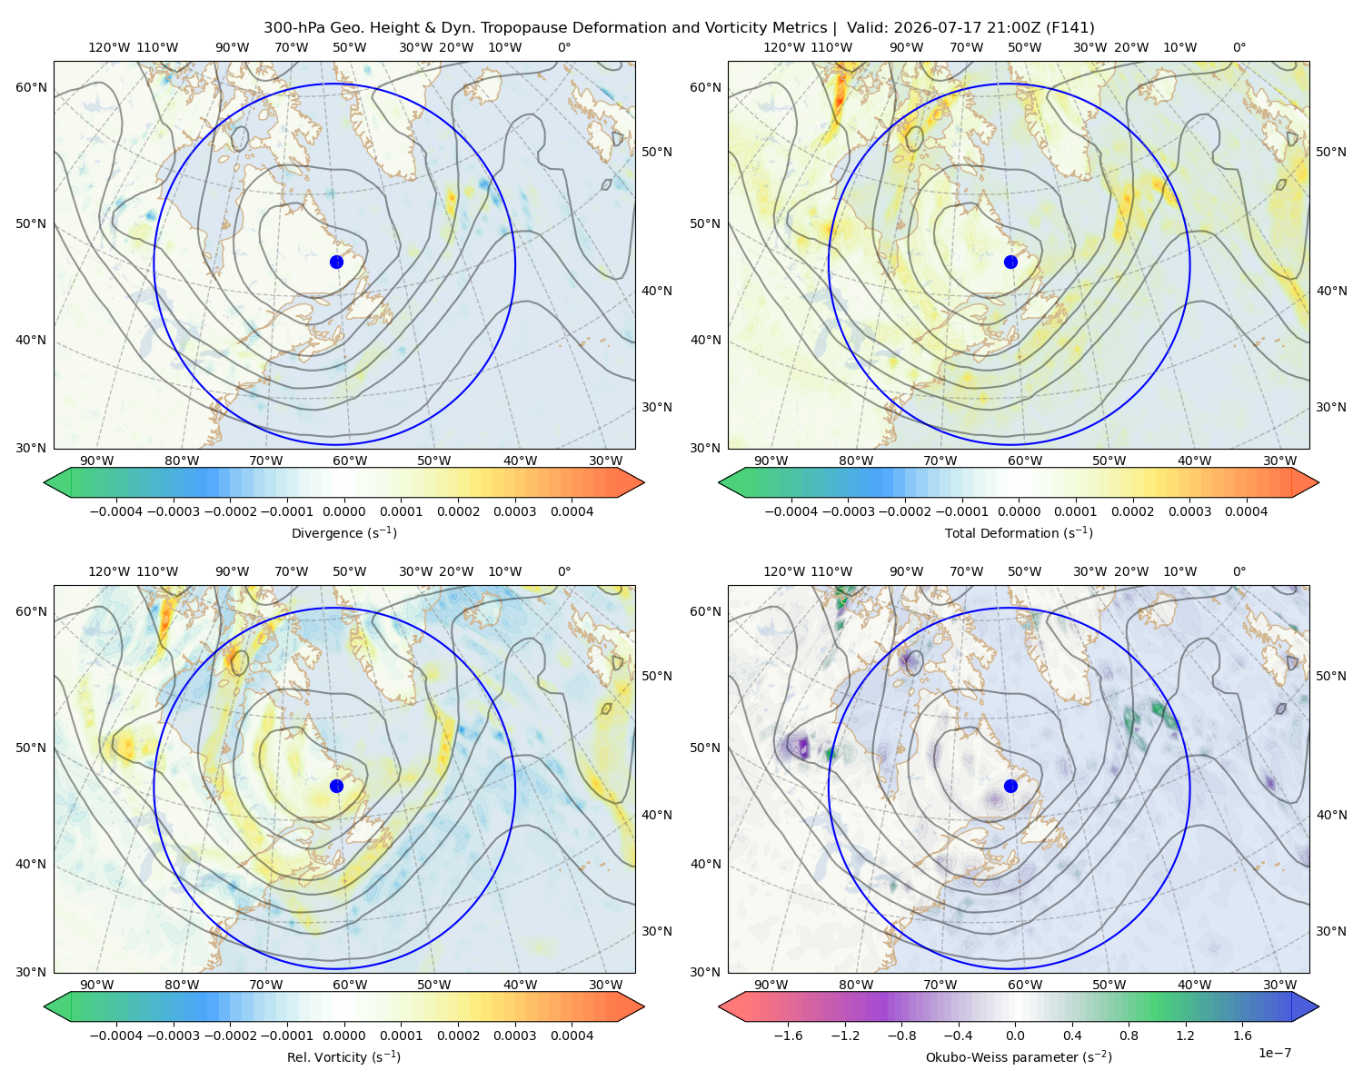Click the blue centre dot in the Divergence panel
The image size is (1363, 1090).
(336, 262)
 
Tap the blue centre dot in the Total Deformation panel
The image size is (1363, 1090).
(1010, 262)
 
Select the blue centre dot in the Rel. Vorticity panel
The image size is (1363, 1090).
(336, 786)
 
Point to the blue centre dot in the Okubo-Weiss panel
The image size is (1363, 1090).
(1010, 786)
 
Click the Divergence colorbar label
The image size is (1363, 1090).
(343, 532)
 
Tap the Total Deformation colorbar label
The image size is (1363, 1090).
(1019, 532)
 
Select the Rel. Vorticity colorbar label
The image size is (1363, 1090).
(343, 1056)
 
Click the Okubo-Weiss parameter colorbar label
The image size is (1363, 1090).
(1019, 1056)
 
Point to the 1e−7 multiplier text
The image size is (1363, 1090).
(1274, 1053)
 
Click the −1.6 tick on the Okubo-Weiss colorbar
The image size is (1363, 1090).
(788, 1035)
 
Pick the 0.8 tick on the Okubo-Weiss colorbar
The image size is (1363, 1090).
(1129, 1035)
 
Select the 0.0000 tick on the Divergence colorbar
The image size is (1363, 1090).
(343, 511)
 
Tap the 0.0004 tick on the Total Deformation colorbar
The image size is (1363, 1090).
(1246, 511)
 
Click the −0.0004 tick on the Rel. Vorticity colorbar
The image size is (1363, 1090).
(116, 1035)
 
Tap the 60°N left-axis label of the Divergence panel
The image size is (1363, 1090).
(31, 87)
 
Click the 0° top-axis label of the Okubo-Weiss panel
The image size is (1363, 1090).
(1239, 571)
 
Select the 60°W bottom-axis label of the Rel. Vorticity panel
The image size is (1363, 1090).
(350, 985)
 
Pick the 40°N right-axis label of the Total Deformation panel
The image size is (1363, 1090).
(1331, 291)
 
